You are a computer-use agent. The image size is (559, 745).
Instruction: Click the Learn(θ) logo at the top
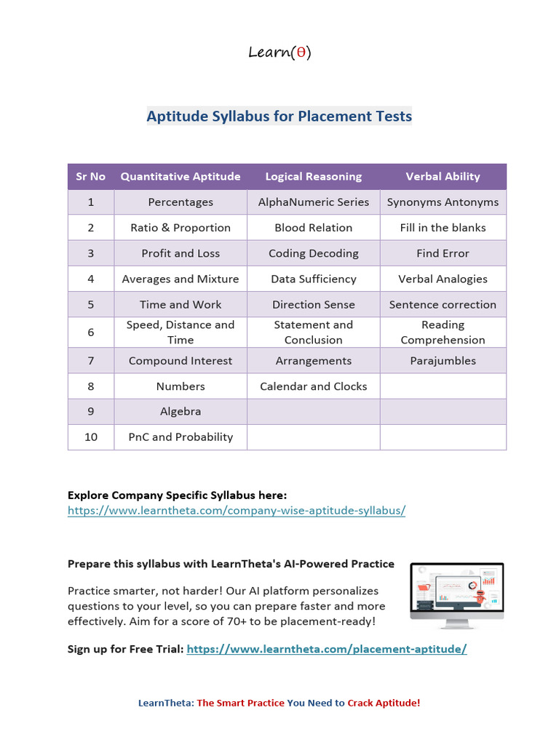279,52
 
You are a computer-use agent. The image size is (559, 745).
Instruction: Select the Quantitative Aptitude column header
181,177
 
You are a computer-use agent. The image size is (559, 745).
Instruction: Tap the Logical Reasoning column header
313,177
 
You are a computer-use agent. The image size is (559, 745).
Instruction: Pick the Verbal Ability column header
443,177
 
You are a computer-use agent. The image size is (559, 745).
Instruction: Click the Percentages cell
181,202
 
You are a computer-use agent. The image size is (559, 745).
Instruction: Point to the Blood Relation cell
313,228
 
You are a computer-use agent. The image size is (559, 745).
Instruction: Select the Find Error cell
443,253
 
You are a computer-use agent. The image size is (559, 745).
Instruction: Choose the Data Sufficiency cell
313,279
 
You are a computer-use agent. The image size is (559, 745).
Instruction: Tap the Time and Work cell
181,304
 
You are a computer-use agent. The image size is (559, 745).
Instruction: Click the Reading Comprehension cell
443,332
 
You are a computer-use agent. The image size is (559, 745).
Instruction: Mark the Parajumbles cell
443,361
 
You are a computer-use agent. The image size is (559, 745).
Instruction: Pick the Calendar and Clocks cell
313,386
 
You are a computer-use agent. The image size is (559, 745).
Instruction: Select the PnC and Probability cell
181,437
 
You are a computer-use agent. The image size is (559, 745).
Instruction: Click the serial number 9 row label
91,412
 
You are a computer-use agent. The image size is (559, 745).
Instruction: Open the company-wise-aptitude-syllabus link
236,511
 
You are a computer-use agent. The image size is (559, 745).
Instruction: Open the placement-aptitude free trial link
326,649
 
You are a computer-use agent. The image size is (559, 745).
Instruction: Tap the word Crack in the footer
362,703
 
